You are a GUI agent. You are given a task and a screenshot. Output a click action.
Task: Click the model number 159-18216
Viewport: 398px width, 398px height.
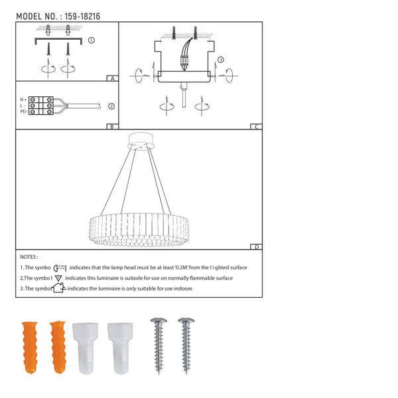[x=82, y=17]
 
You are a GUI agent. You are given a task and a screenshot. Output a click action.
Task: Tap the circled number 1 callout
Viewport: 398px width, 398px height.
[x=92, y=40]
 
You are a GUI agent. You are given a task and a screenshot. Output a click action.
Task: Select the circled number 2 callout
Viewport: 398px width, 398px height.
[x=111, y=106]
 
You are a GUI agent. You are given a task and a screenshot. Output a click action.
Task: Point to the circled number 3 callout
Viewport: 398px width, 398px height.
[x=221, y=60]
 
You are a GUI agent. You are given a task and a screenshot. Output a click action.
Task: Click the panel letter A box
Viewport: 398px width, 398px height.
[x=113, y=78]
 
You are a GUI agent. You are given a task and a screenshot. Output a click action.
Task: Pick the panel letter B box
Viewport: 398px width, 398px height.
[x=112, y=127]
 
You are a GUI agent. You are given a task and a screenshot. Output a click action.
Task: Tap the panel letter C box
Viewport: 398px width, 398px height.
[x=256, y=127]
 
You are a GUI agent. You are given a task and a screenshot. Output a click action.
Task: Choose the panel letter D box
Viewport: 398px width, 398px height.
[x=256, y=247]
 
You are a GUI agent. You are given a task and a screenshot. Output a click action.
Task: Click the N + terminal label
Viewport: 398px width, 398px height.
[x=23, y=99]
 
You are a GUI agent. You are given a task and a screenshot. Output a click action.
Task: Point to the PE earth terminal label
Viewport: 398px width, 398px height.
[x=24, y=111]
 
